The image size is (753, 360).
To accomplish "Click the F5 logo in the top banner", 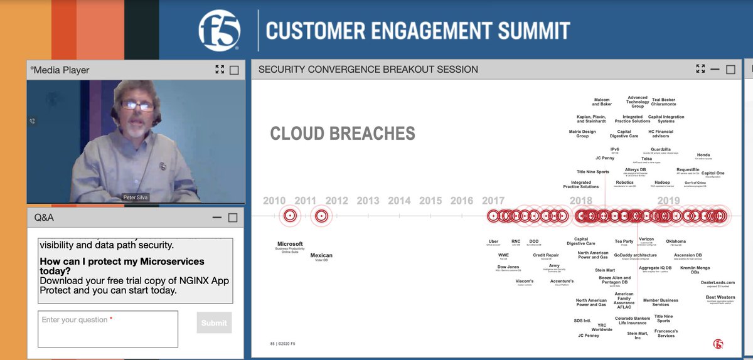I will pyautogui.click(x=219, y=31).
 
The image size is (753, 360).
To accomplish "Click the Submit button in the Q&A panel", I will pyautogui.click(x=214, y=322).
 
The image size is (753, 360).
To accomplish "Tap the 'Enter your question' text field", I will pyautogui.click(x=107, y=329).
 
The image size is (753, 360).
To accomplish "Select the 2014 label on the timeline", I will pyautogui.click(x=399, y=201).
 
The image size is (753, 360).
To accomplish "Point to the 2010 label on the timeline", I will pyautogui.click(x=274, y=201).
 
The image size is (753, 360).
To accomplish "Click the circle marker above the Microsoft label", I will pyautogui.click(x=289, y=216).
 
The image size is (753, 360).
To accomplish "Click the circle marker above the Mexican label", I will pyautogui.click(x=321, y=216).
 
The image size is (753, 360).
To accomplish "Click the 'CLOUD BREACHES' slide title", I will pyautogui.click(x=342, y=134).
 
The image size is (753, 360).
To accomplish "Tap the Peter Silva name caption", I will pyautogui.click(x=136, y=198).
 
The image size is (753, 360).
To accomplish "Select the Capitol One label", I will pyautogui.click(x=712, y=173).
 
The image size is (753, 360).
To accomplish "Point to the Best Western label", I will pyautogui.click(x=720, y=297).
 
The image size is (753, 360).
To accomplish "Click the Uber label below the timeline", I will pyautogui.click(x=493, y=241).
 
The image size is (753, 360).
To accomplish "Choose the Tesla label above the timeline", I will pyautogui.click(x=646, y=159).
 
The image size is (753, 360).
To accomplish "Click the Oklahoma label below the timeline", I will pyautogui.click(x=676, y=241).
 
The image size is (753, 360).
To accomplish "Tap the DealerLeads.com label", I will pyautogui.click(x=717, y=282).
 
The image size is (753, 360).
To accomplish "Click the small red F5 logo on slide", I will pyautogui.click(x=718, y=343).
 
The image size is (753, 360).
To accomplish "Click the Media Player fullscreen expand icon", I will pyautogui.click(x=219, y=70).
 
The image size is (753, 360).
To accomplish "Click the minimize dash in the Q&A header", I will pyautogui.click(x=217, y=218).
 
